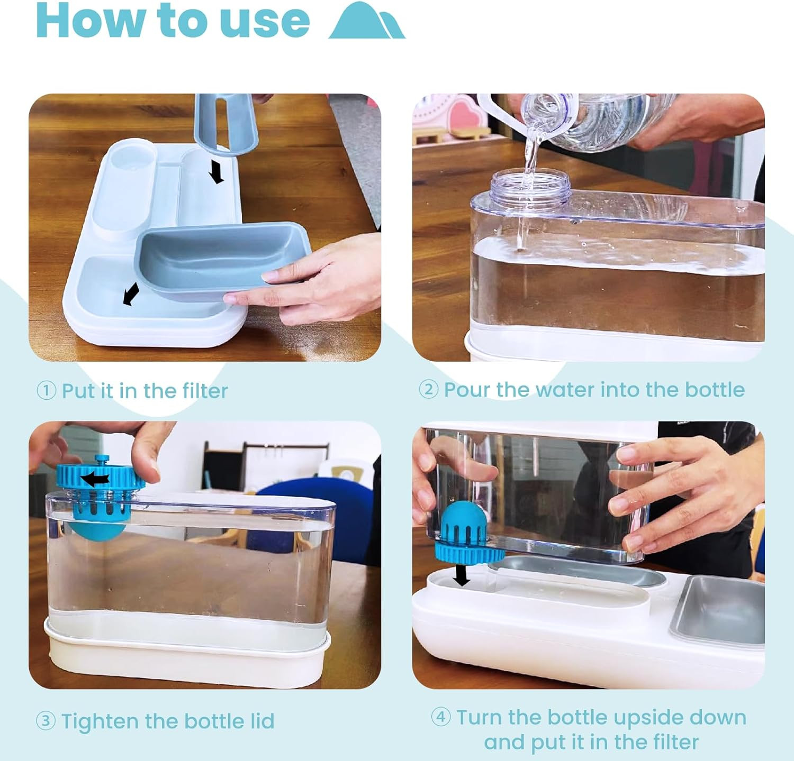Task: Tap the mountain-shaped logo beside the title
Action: point(367,21)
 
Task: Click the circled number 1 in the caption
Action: point(46,391)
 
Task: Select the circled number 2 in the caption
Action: point(428,390)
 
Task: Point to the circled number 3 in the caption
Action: point(46,721)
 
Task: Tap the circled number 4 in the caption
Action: point(441,718)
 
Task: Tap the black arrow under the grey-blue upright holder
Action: point(215,172)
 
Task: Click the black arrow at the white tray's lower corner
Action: point(130,294)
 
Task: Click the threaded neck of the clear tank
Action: point(530,183)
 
